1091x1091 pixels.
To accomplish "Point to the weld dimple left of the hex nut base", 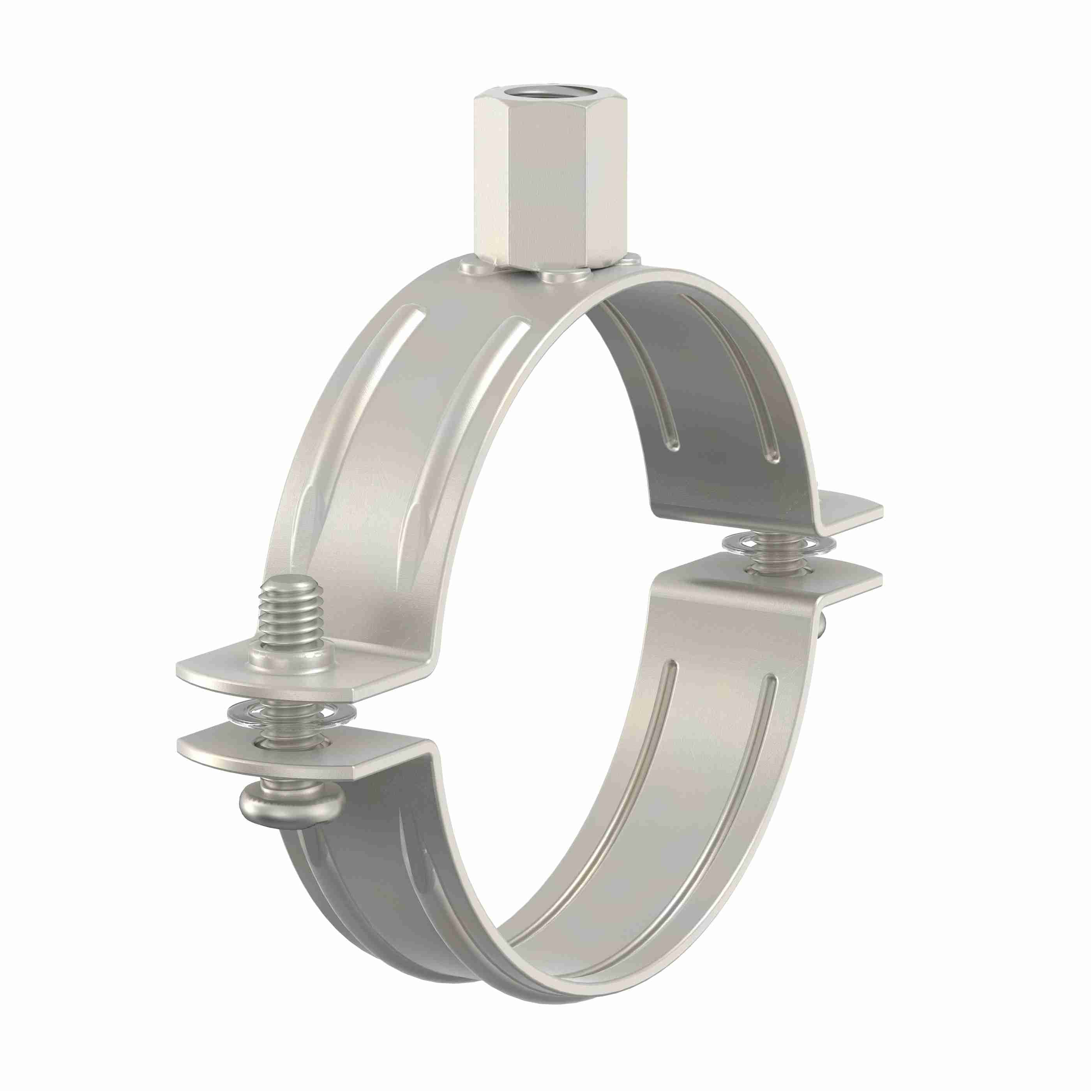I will [474, 265].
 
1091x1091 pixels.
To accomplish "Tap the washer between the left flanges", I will [291, 714].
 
